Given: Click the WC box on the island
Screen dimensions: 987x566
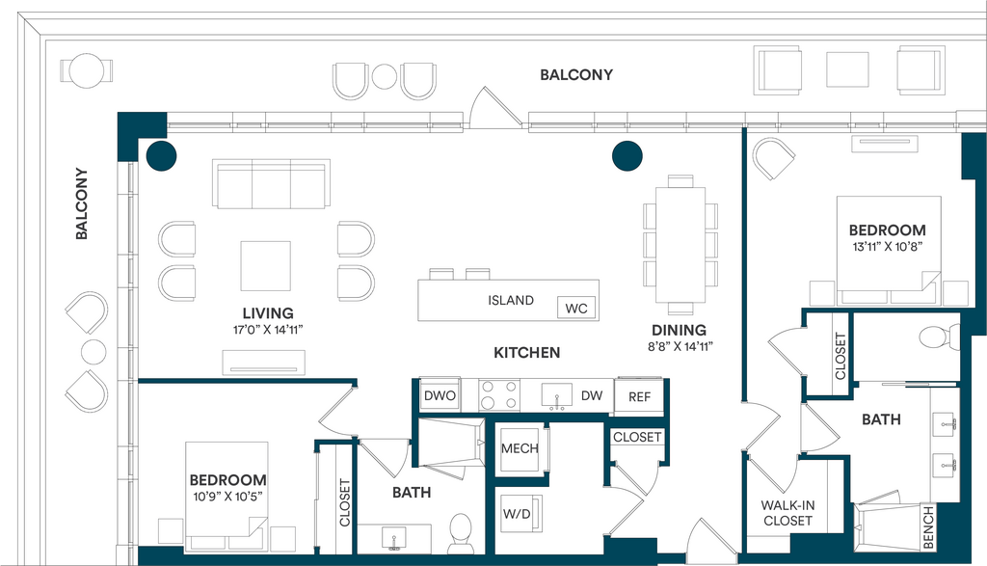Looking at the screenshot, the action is click(576, 308).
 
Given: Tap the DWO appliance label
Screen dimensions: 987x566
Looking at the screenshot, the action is click(440, 396).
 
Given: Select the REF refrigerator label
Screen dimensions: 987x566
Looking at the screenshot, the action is click(640, 397).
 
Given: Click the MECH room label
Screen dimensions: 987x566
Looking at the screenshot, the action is click(520, 449).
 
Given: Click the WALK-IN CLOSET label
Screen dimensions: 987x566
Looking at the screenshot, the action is click(787, 513).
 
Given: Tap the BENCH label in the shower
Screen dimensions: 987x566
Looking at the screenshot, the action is click(928, 527).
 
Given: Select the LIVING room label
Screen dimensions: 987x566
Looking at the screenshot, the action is click(268, 313).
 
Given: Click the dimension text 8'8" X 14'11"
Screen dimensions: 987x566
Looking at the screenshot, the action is click(680, 346).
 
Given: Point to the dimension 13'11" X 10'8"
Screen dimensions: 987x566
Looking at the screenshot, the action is click(888, 247).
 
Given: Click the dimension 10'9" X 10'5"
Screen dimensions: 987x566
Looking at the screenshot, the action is click(227, 497).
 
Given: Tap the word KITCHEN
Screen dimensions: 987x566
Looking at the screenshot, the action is click(527, 353).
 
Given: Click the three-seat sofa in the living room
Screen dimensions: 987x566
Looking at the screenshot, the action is click(271, 184).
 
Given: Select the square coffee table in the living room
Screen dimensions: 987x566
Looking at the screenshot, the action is click(266, 266).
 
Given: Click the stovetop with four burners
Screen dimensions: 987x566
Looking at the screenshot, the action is click(499, 395).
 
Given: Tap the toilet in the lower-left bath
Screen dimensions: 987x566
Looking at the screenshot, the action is click(461, 534).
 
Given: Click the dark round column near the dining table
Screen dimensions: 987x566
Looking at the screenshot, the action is click(627, 155).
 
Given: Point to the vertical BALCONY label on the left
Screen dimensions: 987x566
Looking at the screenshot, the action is click(81, 203).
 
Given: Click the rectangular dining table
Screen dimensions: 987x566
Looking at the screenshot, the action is click(680, 245).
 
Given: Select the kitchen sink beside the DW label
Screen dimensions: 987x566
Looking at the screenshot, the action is click(557, 396).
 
